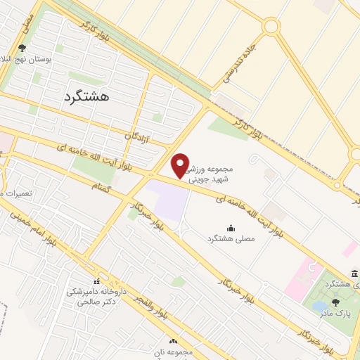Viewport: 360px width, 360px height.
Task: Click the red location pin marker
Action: coord(181,166)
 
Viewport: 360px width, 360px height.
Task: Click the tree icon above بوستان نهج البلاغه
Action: coord(22,49)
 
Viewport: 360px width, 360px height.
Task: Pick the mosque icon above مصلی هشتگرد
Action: coord(231,227)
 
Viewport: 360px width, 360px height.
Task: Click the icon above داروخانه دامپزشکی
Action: coord(96,281)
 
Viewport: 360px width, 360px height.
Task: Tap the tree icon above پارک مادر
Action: coord(335,301)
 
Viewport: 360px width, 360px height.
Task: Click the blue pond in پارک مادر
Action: coord(320,307)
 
